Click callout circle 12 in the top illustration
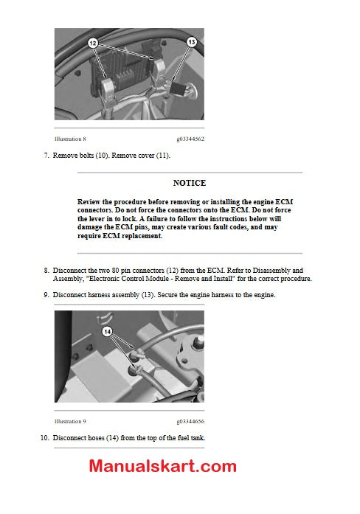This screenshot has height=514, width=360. point(93,44)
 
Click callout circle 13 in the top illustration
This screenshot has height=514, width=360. point(192,43)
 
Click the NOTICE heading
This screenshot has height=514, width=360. point(190,183)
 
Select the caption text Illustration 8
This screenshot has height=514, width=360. point(70,139)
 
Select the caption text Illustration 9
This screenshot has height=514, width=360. point(70,421)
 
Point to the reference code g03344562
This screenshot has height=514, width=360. point(190,139)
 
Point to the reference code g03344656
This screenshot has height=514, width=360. point(190,421)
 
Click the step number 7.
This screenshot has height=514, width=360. point(46,156)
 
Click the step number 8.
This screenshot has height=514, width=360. point(46,271)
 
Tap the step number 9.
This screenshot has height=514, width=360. point(46,295)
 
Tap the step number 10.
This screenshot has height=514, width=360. point(44,438)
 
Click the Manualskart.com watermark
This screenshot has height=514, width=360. point(163,466)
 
